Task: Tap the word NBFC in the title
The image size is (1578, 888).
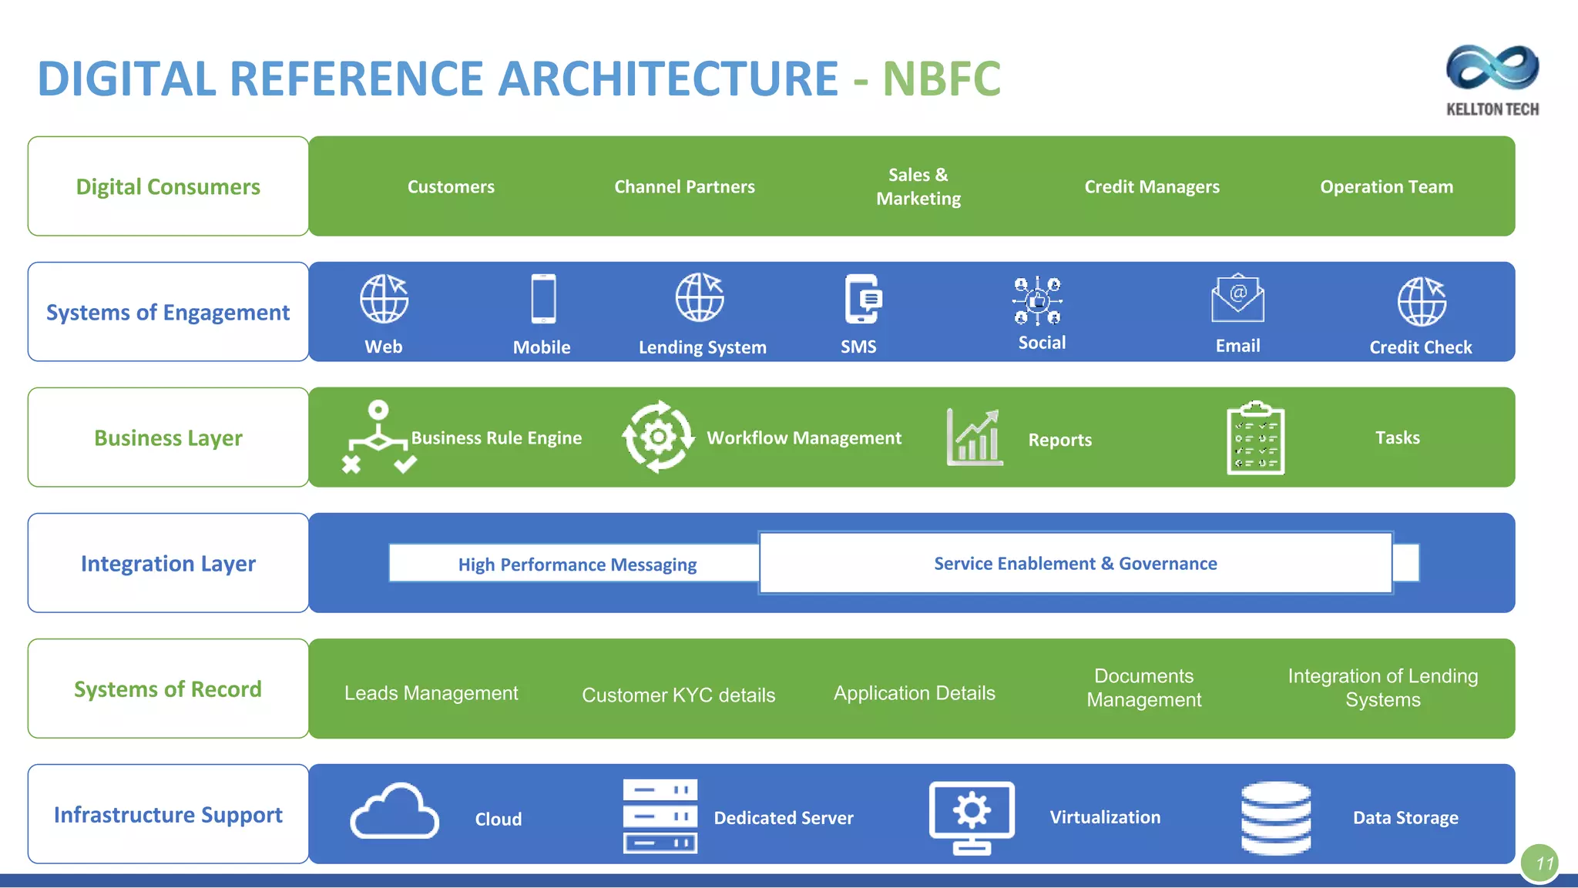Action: pyautogui.click(x=941, y=79)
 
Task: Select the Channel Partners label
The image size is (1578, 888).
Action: pyautogui.click(x=684, y=186)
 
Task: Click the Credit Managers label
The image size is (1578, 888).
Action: pyautogui.click(x=1151, y=186)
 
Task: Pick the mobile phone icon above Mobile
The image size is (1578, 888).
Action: pyautogui.click(x=543, y=299)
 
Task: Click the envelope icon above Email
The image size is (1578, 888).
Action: pyautogui.click(x=1237, y=299)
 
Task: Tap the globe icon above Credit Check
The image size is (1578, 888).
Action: pyautogui.click(x=1422, y=301)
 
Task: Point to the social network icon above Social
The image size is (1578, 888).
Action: pyautogui.click(x=1037, y=300)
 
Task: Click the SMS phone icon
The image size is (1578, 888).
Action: pyautogui.click(x=861, y=299)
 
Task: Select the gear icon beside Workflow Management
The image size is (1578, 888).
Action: pyautogui.click(x=658, y=437)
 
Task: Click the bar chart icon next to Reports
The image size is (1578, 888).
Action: pyautogui.click(x=975, y=437)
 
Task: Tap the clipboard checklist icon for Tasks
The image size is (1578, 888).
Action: pyautogui.click(x=1255, y=437)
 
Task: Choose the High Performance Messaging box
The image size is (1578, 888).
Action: pyautogui.click(x=576, y=564)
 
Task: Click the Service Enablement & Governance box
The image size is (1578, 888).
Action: pyautogui.click(x=1075, y=563)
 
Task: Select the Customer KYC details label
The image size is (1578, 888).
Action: pyautogui.click(x=678, y=695)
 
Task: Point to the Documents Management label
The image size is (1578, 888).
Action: pyautogui.click(x=1143, y=688)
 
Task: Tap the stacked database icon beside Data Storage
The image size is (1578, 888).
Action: pyautogui.click(x=1275, y=817)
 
